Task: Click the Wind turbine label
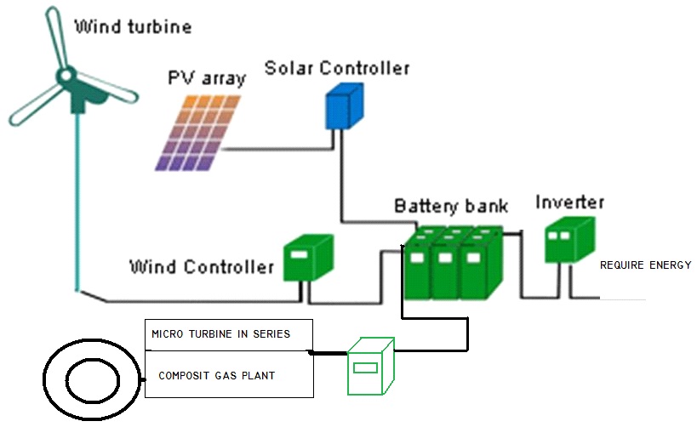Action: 133,26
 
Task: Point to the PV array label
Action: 206,79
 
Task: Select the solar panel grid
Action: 195,133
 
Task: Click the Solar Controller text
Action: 336,67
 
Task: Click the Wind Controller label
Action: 201,267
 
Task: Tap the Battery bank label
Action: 450,206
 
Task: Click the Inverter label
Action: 569,202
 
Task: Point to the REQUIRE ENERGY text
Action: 645,265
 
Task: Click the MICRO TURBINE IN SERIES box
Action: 229,334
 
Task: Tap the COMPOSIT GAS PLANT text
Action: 216,376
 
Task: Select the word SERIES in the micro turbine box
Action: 271,334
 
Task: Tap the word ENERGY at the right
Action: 670,265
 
